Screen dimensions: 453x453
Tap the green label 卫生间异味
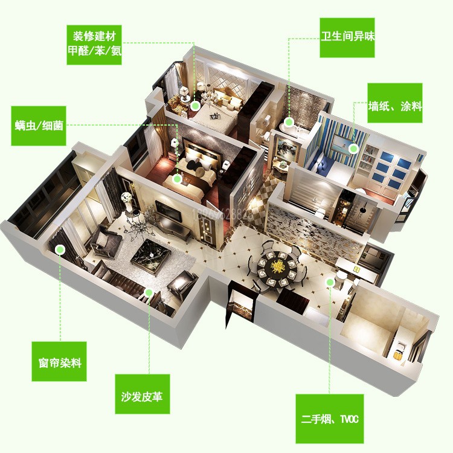pos(347,37)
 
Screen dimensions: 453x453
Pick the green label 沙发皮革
pos(142,396)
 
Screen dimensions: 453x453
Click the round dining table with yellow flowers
pos(278,266)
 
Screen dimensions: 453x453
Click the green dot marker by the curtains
pos(59,248)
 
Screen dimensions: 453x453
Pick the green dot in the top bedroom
pos(195,105)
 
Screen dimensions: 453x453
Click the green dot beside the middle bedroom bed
pos(177,178)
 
